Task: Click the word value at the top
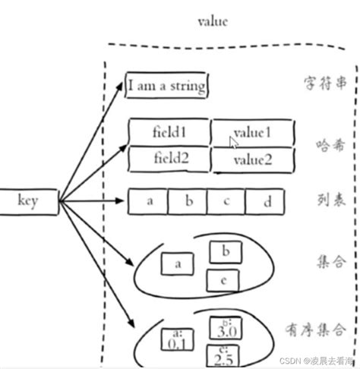click(x=213, y=21)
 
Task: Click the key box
click(x=27, y=201)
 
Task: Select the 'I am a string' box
click(x=166, y=86)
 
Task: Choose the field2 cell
click(x=169, y=159)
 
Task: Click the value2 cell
click(x=252, y=160)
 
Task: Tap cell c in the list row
click(x=226, y=201)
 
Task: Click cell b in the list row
click(x=188, y=201)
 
